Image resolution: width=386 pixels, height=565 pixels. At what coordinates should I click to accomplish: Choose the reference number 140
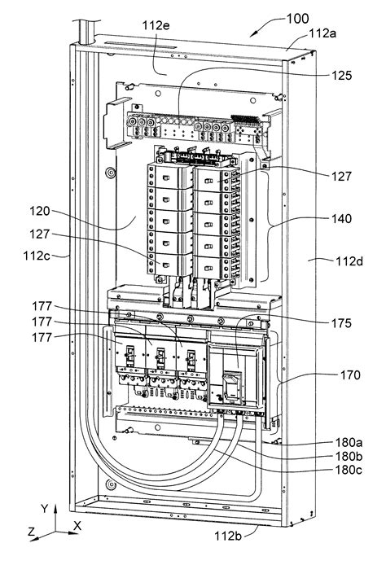pyautogui.click(x=343, y=219)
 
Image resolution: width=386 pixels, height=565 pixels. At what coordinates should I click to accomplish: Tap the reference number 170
pyautogui.click(x=343, y=377)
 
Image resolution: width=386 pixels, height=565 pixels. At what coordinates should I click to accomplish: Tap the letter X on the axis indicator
pyautogui.click(x=76, y=527)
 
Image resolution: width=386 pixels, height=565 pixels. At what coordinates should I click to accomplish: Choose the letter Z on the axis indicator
pyautogui.click(x=30, y=532)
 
